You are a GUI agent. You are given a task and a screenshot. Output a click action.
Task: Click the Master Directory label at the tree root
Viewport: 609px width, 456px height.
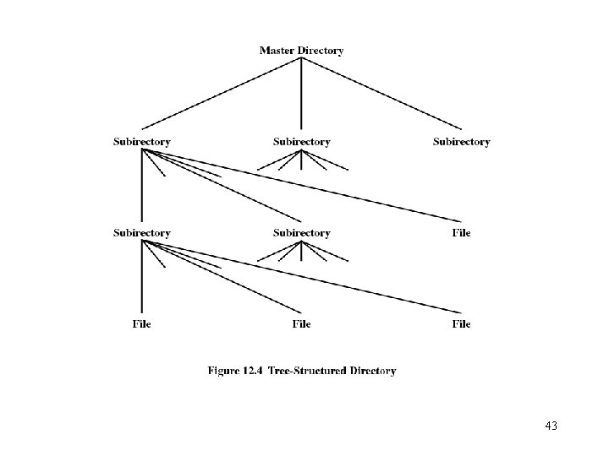click(x=301, y=51)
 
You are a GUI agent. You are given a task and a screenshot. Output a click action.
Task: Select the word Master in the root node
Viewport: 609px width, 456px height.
click(x=278, y=51)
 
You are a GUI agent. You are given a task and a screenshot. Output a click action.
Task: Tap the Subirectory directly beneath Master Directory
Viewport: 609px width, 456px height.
click(x=302, y=142)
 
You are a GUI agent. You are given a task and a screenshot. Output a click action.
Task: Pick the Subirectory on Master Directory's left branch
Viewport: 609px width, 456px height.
click(x=142, y=142)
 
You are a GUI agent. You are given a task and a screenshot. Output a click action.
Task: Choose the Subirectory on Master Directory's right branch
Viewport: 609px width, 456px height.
click(x=461, y=142)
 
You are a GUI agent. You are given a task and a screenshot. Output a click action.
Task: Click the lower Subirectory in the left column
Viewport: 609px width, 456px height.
click(x=142, y=233)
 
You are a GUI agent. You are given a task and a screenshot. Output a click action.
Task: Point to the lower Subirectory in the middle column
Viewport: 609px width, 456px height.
click(x=302, y=233)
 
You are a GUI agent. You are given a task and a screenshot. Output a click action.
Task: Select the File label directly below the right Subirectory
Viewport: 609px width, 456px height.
click(x=461, y=233)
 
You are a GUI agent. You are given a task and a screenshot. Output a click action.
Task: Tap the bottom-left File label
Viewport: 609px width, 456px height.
click(x=142, y=324)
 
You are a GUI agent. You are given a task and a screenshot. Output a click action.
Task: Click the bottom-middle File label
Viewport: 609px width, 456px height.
click(x=302, y=324)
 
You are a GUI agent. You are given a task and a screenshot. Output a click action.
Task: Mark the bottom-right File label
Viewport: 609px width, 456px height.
click(x=461, y=324)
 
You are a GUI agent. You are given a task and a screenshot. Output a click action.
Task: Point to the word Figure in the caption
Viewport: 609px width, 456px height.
click(x=224, y=371)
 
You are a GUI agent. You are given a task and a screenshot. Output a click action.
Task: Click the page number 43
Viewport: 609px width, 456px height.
click(x=551, y=426)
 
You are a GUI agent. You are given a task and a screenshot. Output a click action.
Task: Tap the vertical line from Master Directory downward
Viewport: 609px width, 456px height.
click(x=302, y=93)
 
